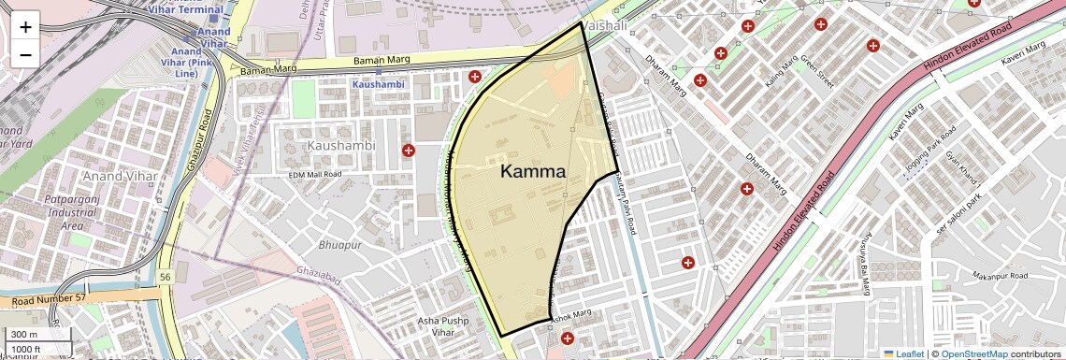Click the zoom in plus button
(25, 26)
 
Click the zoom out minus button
(25, 54)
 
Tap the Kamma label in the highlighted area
(533, 171)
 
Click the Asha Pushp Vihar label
(441, 326)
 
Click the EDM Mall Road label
(315, 174)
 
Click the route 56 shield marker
(165, 277)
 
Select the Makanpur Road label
(1000, 277)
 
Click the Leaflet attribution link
(903, 353)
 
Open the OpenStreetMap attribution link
(974, 353)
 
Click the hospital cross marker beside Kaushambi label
(408, 151)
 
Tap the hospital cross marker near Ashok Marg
(567, 338)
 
